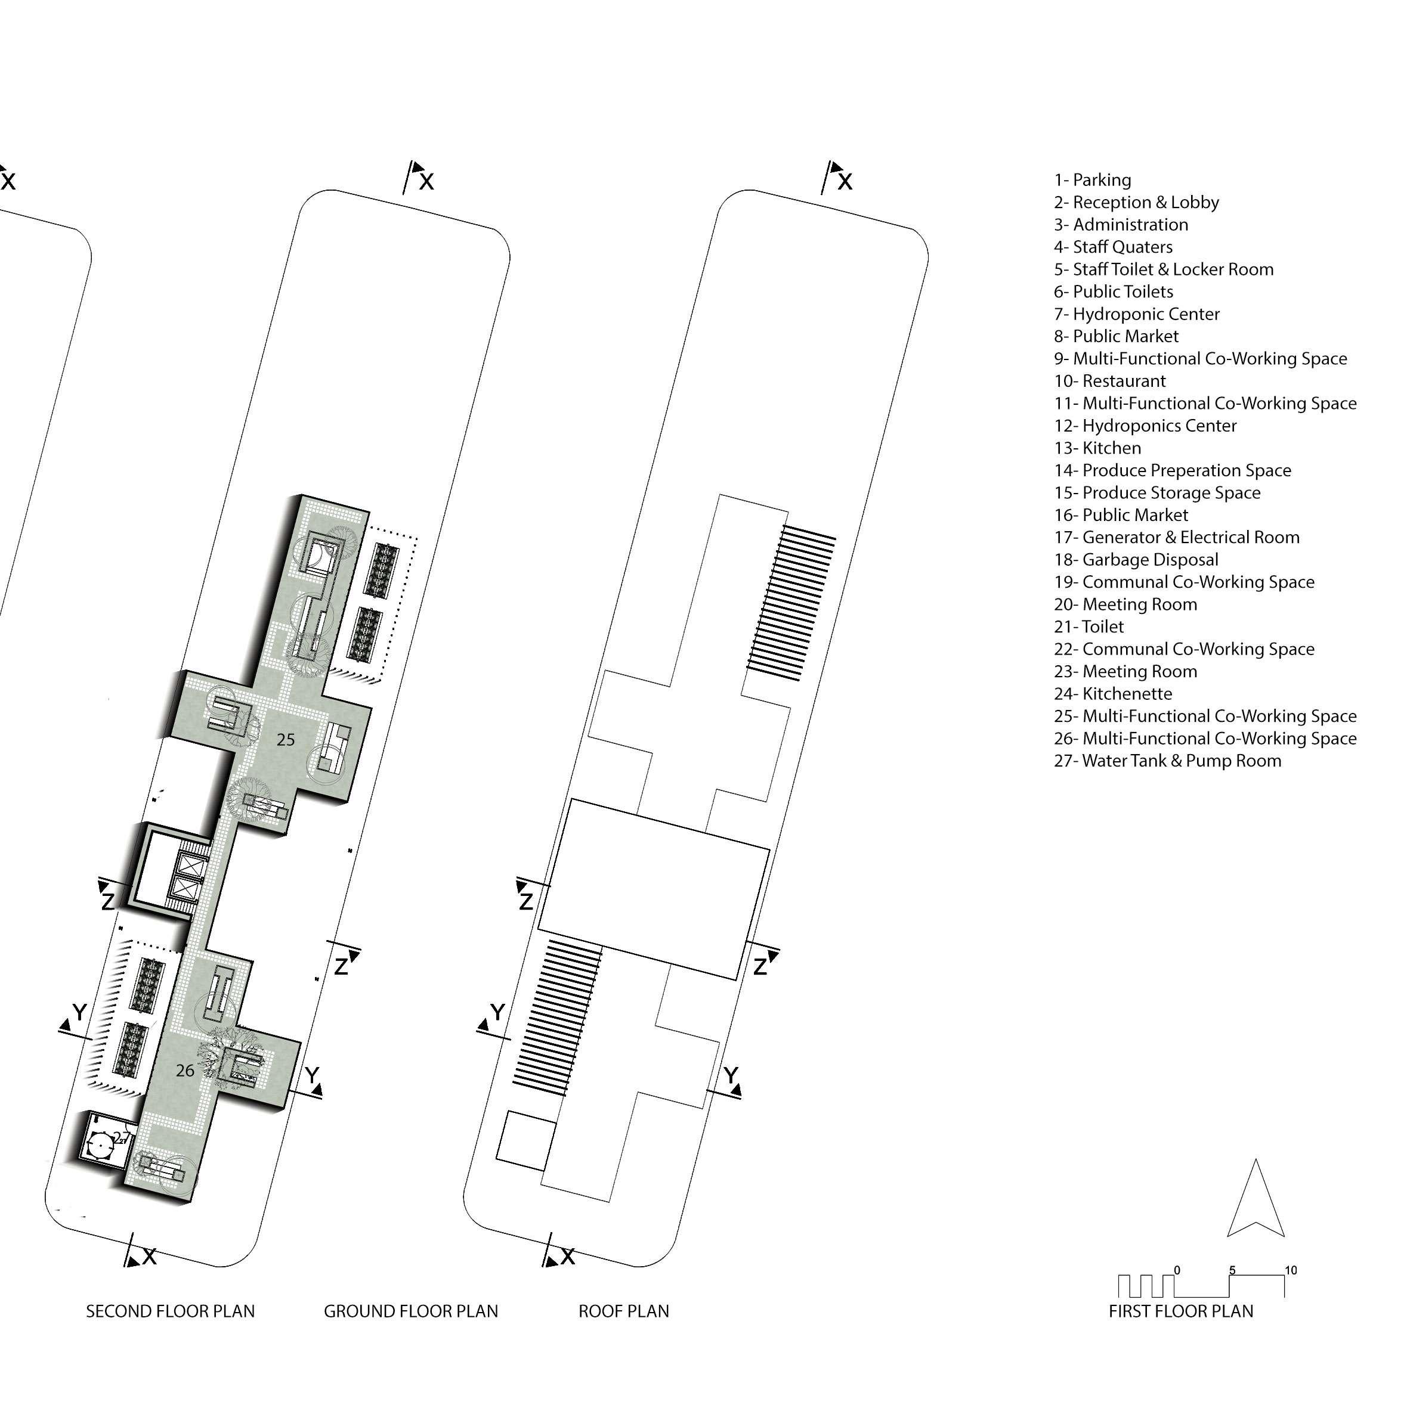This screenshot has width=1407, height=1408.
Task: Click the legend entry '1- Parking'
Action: [x=1092, y=180]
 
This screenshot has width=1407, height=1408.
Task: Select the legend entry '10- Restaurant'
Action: [x=1109, y=381]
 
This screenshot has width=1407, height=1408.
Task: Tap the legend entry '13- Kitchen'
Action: [x=1097, y=448]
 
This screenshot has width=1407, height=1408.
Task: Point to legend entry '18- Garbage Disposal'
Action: [x=1136, y=560]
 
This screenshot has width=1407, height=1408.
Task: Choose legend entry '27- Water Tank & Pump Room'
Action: [x=1167, y=761]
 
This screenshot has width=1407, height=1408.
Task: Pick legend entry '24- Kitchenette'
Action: [x=1112, y=694]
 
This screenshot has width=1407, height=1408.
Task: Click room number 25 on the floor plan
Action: [x=286, y=740]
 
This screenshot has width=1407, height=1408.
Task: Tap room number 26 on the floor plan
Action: [x=185, y=1070]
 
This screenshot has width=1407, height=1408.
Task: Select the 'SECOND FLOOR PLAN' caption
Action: [x=171, y=1311]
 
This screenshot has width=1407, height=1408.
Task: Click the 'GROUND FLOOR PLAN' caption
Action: [x=410, y=1311]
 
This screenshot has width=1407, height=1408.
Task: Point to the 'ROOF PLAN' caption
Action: [x=623, y=1311]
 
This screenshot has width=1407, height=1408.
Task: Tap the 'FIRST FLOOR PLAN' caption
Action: [x=1180, y=1311]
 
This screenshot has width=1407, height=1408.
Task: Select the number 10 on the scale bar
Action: [x=1290, y=1270]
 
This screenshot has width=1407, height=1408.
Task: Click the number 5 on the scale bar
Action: [x=1232, y=1270]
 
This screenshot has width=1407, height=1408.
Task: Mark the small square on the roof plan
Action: [x=525, y=1140]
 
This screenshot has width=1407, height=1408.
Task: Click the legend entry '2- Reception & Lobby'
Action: [x=1136, y=203]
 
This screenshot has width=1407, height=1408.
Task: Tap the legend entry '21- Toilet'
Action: [x=1089, y=627]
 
